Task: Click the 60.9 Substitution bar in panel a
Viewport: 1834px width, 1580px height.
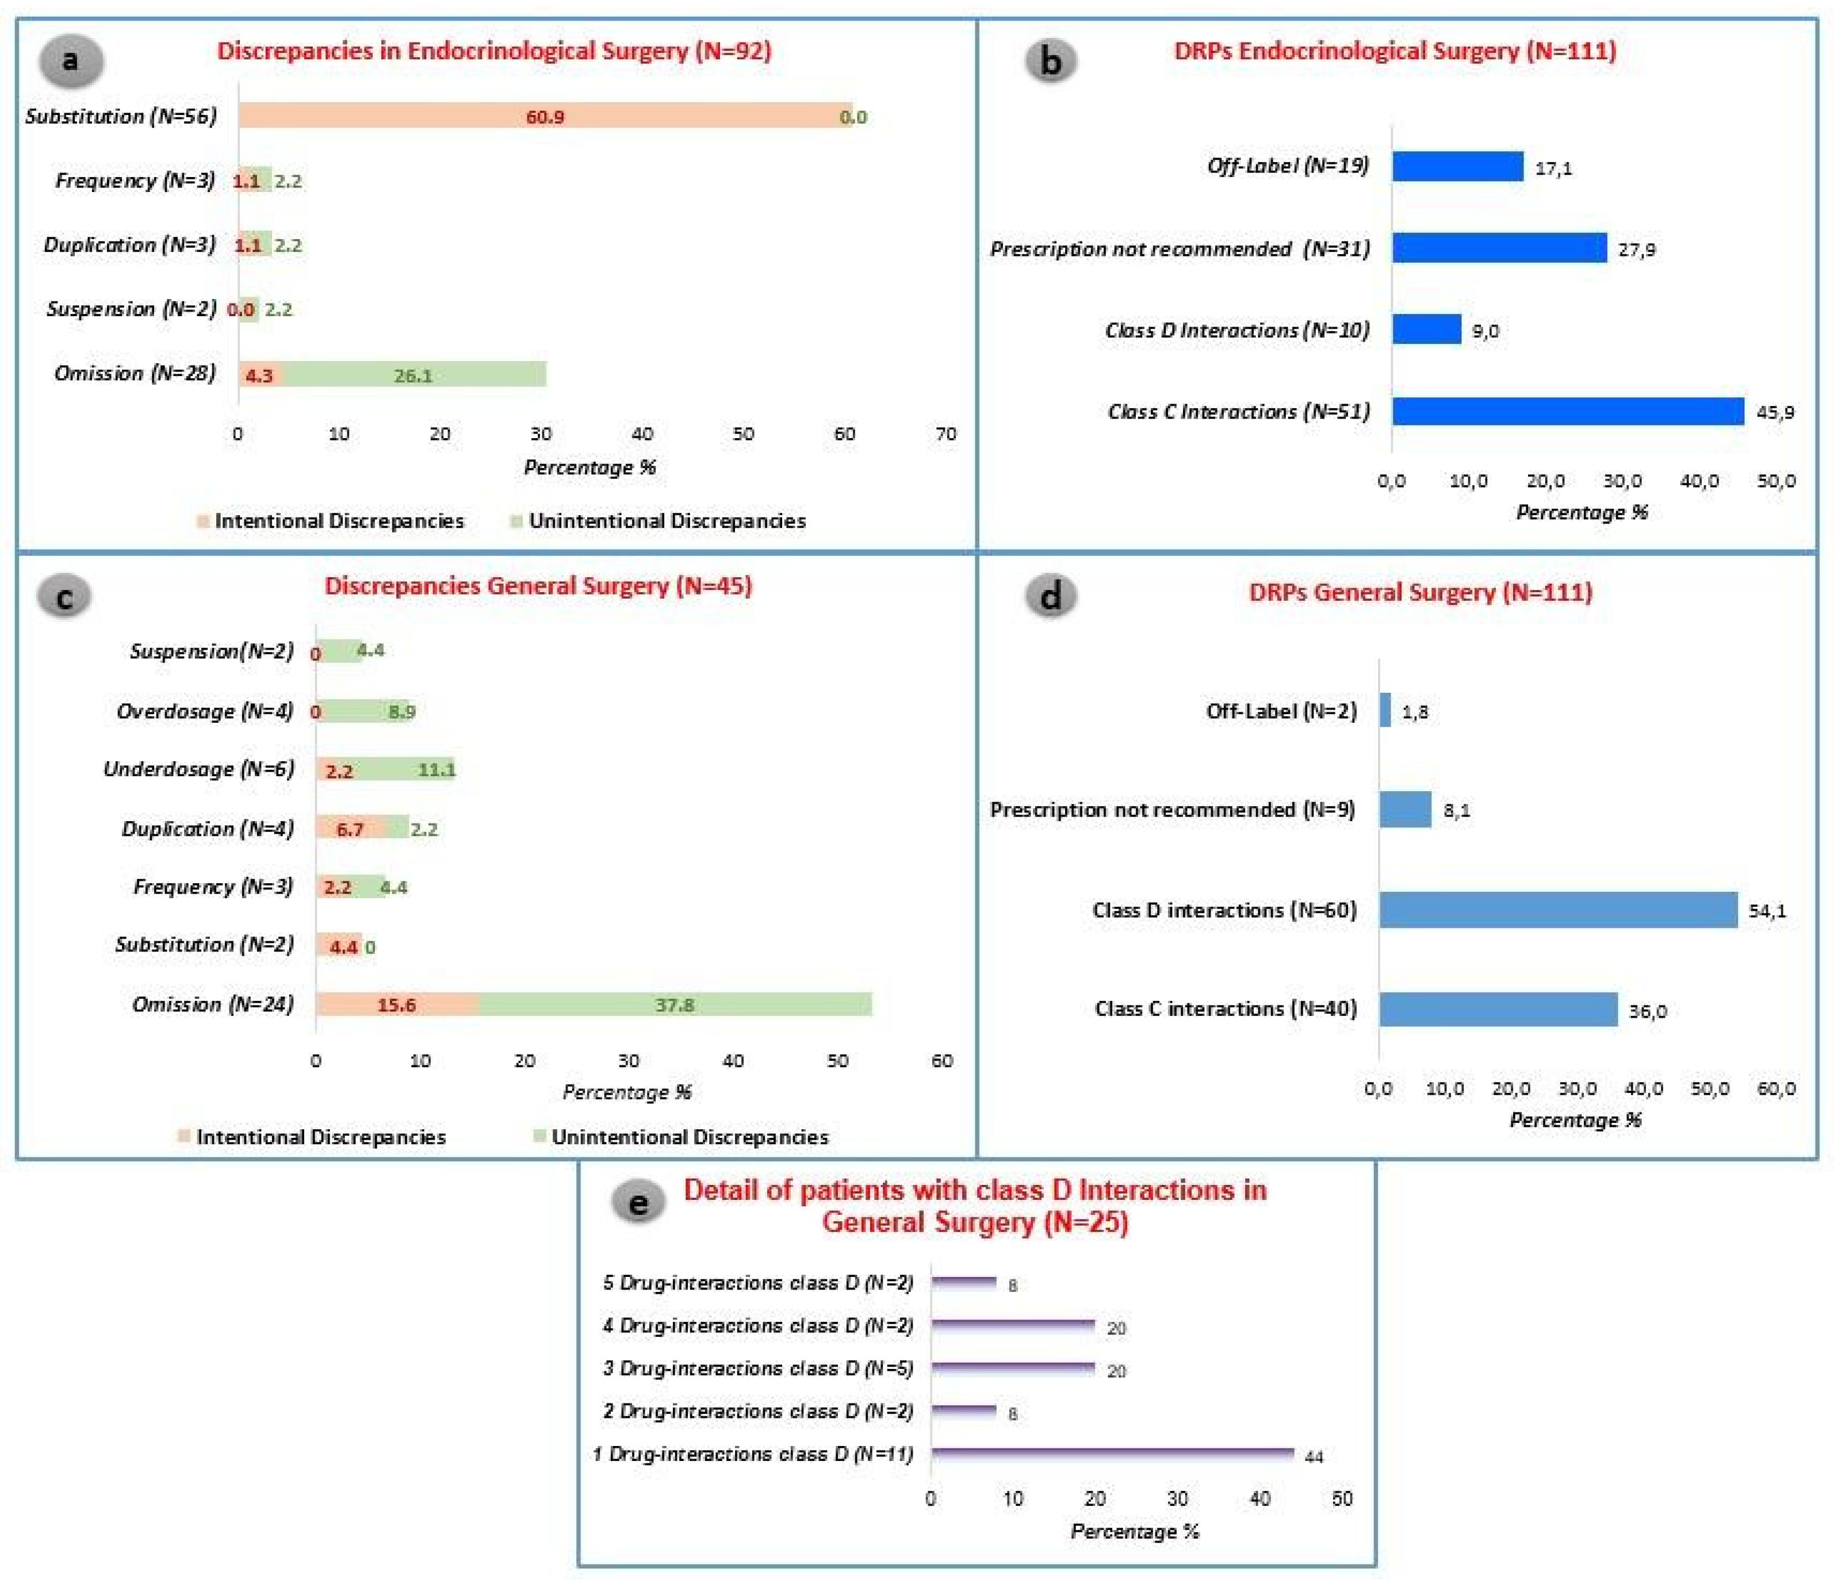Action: click(545, 116)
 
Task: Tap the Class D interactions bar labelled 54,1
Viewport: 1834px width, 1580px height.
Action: click(1558, 910)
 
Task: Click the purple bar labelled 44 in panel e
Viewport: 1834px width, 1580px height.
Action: click(1112, 1454)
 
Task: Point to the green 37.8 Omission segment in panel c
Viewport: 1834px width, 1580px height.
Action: click(675, 1004)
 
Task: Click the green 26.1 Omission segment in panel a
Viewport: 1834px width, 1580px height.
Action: click(413, 374)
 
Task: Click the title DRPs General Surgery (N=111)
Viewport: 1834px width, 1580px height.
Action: click(1420, 592)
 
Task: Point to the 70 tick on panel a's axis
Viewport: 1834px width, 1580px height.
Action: click(945, 434)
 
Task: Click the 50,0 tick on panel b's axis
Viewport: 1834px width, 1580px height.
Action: click(1775, 481)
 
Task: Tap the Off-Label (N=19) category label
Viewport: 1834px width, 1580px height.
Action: click(1288, 166)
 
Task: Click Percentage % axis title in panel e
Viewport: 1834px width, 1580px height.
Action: click(1135, 1531)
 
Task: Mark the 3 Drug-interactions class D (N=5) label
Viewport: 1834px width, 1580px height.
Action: click(757, 1368)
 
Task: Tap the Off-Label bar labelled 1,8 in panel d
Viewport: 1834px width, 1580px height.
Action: click(1385, 711)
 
